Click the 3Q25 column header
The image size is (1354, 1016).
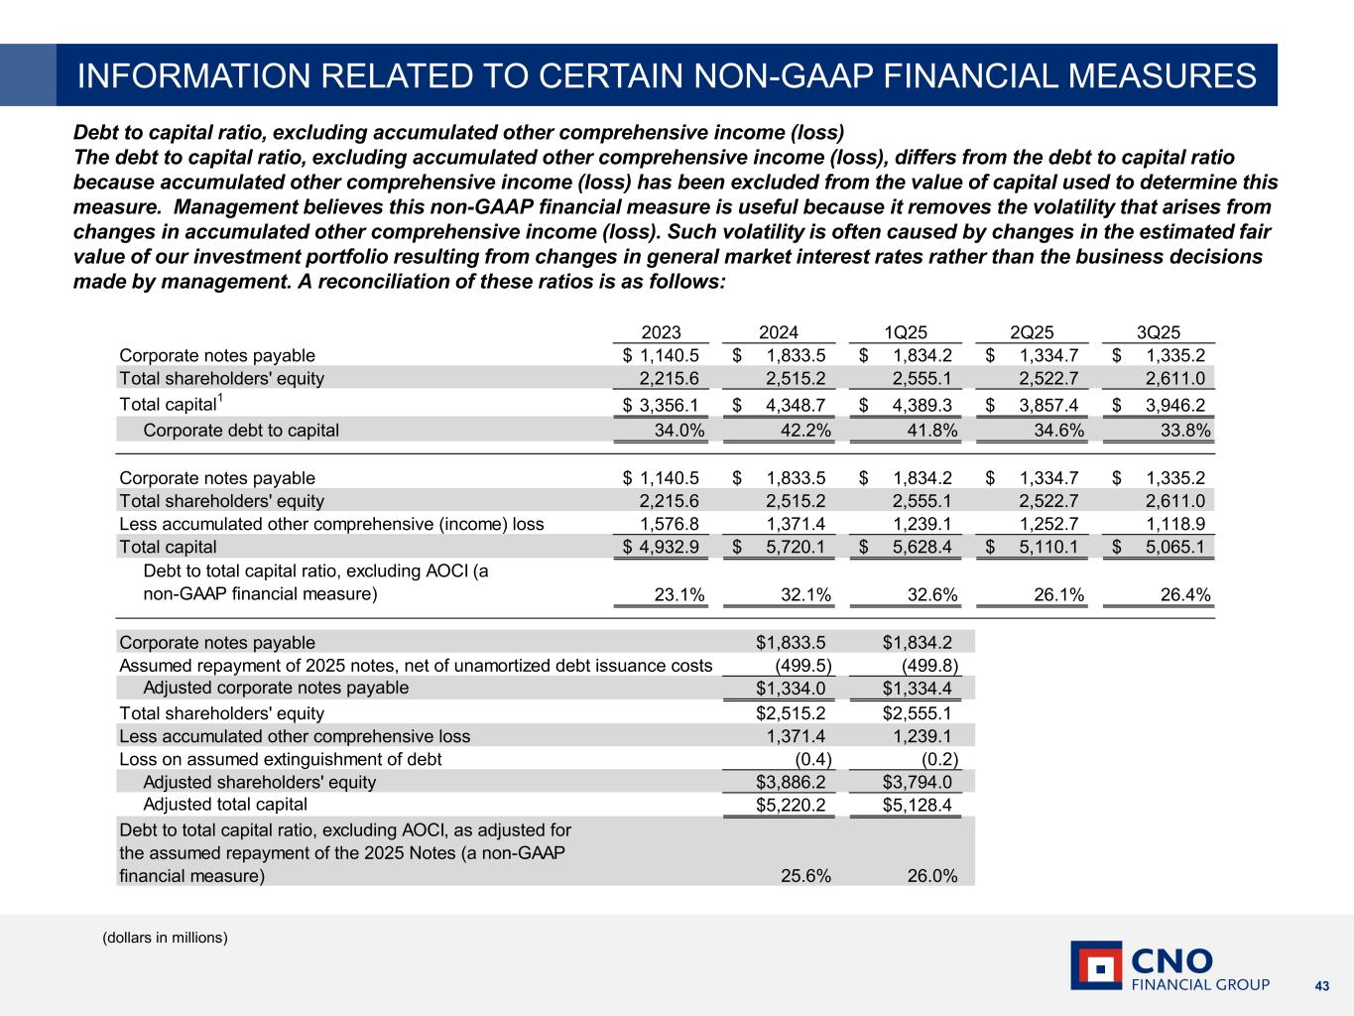[x=1159, y=333]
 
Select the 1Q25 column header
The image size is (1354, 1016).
[x=906, y=333]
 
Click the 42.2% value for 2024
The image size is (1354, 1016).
[x=806, y=431]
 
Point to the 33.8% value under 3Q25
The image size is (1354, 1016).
[x=1185, y=431]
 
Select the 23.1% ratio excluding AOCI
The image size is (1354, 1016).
[x=679, y=595]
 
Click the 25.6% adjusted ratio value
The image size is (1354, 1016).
[x=806, y=876]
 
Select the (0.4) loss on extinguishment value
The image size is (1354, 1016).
[x=810, y=759]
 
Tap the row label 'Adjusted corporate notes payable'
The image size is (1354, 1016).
[x=276, y=688]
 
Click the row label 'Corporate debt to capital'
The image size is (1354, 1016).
[x=241, y=431]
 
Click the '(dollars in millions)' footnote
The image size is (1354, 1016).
[x=166, y=938]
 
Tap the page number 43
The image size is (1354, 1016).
[x=1321, y=985]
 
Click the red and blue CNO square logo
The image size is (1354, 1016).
[x=1096, y=965]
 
